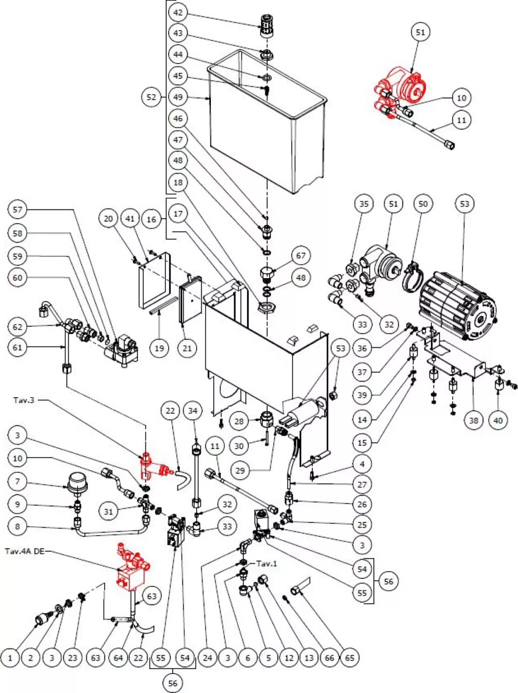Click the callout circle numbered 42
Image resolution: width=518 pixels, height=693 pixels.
pyautogui.click(x=178, y=12)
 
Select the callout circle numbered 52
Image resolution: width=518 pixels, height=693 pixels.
pyautogui.click(x=151, y=97)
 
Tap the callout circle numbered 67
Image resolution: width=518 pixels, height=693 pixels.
pyautogui.click(x=301, y=256)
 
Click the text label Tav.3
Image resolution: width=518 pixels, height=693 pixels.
pyautogui.click(x=23, y=400)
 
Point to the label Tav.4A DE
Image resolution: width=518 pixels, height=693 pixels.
pyautogui.click(x=25, y=551)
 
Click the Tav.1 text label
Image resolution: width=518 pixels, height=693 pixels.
pyautogui.click(x=266, y=563)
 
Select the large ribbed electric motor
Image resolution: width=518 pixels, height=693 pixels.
pyautogui.click(x=457, y=305)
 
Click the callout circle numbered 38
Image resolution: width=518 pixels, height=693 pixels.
pyautogui.click(x=473, y=420)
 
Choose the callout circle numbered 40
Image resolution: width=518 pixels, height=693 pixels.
pyautogui.click(x=498, y=420)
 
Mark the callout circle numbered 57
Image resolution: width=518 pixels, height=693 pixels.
pyautogui.click(x=17, y=210)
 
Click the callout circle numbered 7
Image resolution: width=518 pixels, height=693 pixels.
pyautogui.click(x=17, y=481)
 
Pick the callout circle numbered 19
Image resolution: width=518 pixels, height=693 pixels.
pyautogui.click(x=159, y=348)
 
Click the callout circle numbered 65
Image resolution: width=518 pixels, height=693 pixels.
pyautogui.click(x=350, y=657)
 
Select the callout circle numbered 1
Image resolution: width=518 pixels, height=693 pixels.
pyautogui.click(x=10, y=657)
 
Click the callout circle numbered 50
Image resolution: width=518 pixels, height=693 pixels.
pyautogui.click(x=423, y=204)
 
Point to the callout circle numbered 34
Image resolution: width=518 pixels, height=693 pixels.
pyautogui.click(x=193, y=410)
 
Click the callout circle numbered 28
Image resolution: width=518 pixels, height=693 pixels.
pyautogui.click(x=239, y=421)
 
